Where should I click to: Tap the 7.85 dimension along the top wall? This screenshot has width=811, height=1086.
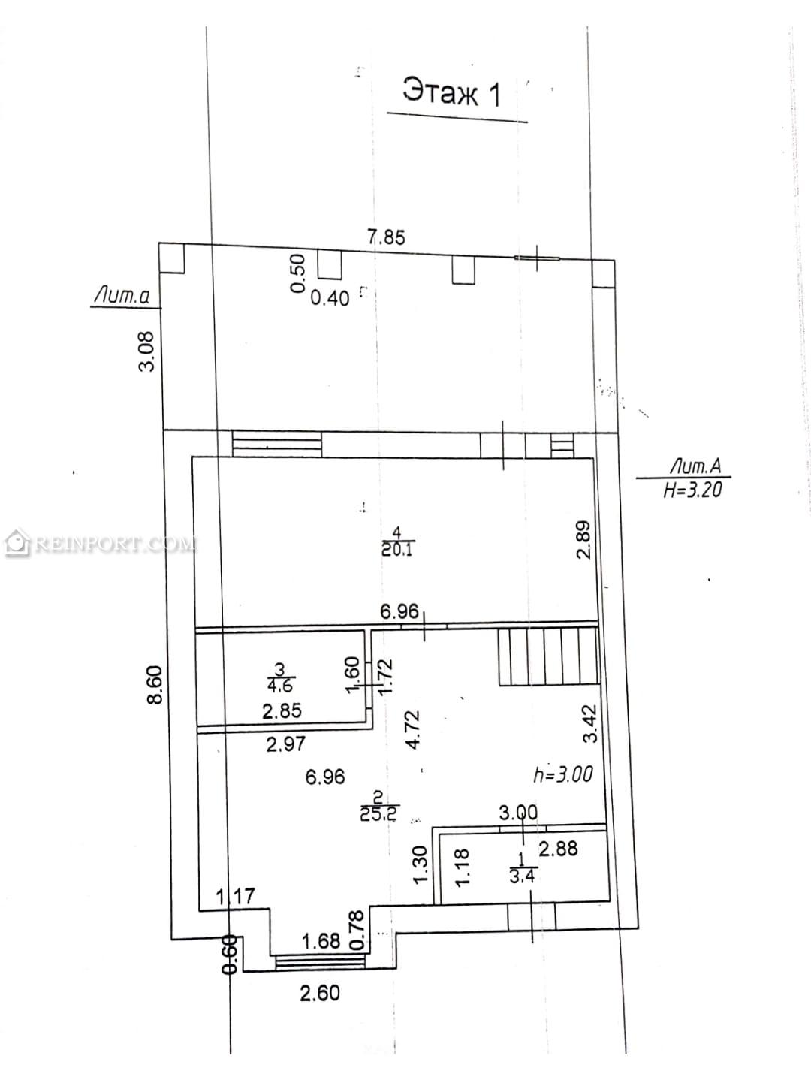pos(386,237)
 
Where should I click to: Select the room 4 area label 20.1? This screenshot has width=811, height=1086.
pos(397,549)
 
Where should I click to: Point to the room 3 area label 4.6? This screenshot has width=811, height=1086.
pos(280,686)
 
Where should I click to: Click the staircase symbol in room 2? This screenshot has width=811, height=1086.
pos(548,656)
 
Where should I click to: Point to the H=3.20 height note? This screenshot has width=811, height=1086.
pos(693,490)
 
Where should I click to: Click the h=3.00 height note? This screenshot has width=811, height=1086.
pos(563,775)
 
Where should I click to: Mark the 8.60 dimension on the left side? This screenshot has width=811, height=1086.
pos(155,685)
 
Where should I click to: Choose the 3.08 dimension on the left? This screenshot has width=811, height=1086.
pos(147,351)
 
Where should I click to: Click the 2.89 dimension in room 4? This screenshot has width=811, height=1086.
pos(584,540)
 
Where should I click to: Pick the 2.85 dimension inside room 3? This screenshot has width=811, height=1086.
pos(282,711)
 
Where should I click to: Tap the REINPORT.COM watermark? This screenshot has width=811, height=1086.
pos(99,545)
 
